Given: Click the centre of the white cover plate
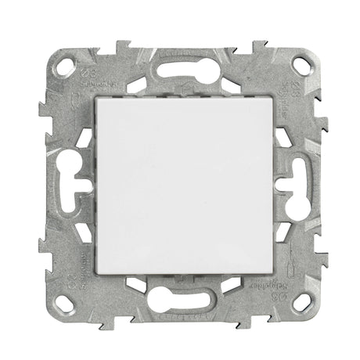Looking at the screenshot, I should click(180, 180).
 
